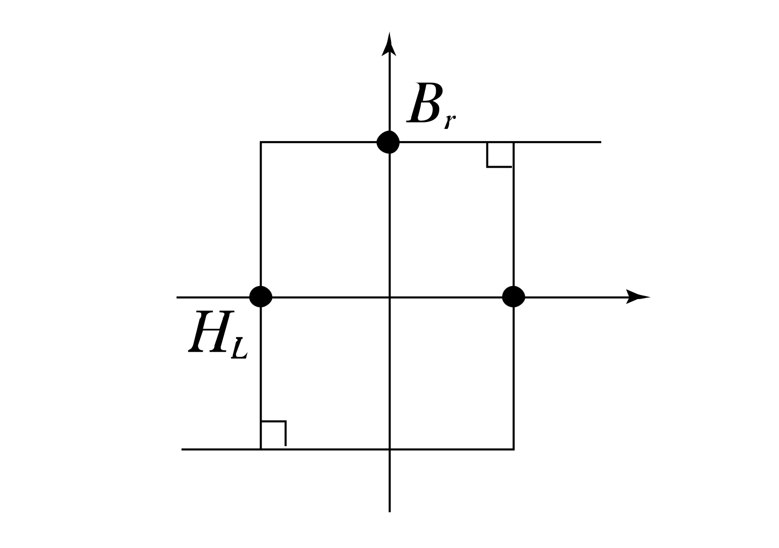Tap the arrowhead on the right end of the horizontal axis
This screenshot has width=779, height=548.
click(x=637, y=297)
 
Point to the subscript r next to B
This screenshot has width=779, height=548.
click(x=450, y=122)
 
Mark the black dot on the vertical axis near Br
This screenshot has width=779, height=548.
click(x=388, y=142)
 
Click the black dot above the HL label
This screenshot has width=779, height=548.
click(x=261, y=297)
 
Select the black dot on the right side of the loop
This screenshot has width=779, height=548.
click(x=513, y=297)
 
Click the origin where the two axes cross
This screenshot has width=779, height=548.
click(x=389, y=298)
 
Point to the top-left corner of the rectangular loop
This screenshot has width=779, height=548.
click(x=261, y=143)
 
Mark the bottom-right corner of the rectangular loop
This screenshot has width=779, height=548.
click(x=513, y=449)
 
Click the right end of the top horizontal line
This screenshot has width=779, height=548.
click(x=600, y=143)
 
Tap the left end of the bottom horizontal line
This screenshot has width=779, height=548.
click(x=182, y=449)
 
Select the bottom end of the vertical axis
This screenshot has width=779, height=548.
click(x=389, y=511)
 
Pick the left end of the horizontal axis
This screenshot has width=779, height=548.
click(x=177, y=298)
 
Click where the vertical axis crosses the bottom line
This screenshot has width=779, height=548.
click(x=389, y=449)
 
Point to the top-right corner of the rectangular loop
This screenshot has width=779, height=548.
click(x=513, y=143)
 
